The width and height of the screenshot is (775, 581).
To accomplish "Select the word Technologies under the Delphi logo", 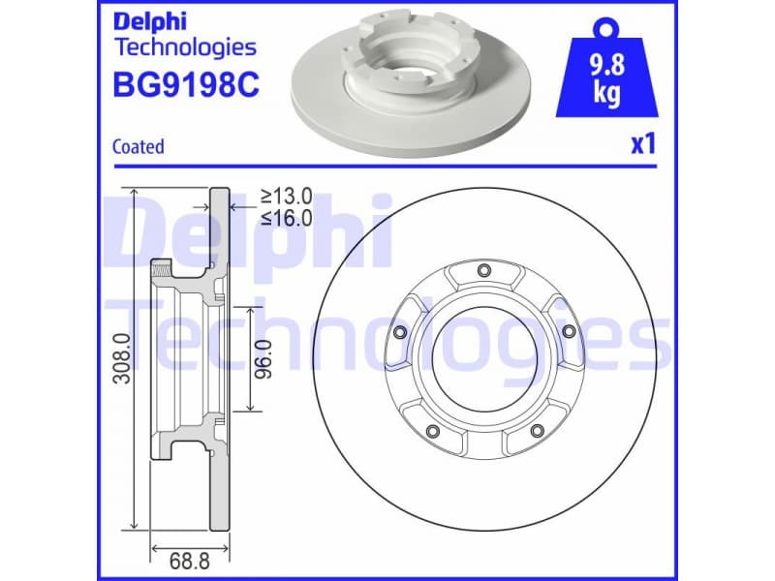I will point(185,46).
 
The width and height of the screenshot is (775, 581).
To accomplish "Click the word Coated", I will point(138,147).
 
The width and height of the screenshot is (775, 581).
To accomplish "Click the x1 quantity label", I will point(643,145).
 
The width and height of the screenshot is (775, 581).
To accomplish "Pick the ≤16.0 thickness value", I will point(286,218).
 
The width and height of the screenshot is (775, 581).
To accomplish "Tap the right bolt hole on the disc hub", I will point(568,331).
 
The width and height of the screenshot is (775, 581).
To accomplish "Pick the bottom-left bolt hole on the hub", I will point(432,431).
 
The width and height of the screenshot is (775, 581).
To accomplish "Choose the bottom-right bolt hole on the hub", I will point(536,431).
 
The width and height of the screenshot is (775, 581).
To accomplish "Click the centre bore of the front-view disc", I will point(483,357).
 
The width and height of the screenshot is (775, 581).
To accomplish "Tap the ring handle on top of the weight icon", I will point(607,24).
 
